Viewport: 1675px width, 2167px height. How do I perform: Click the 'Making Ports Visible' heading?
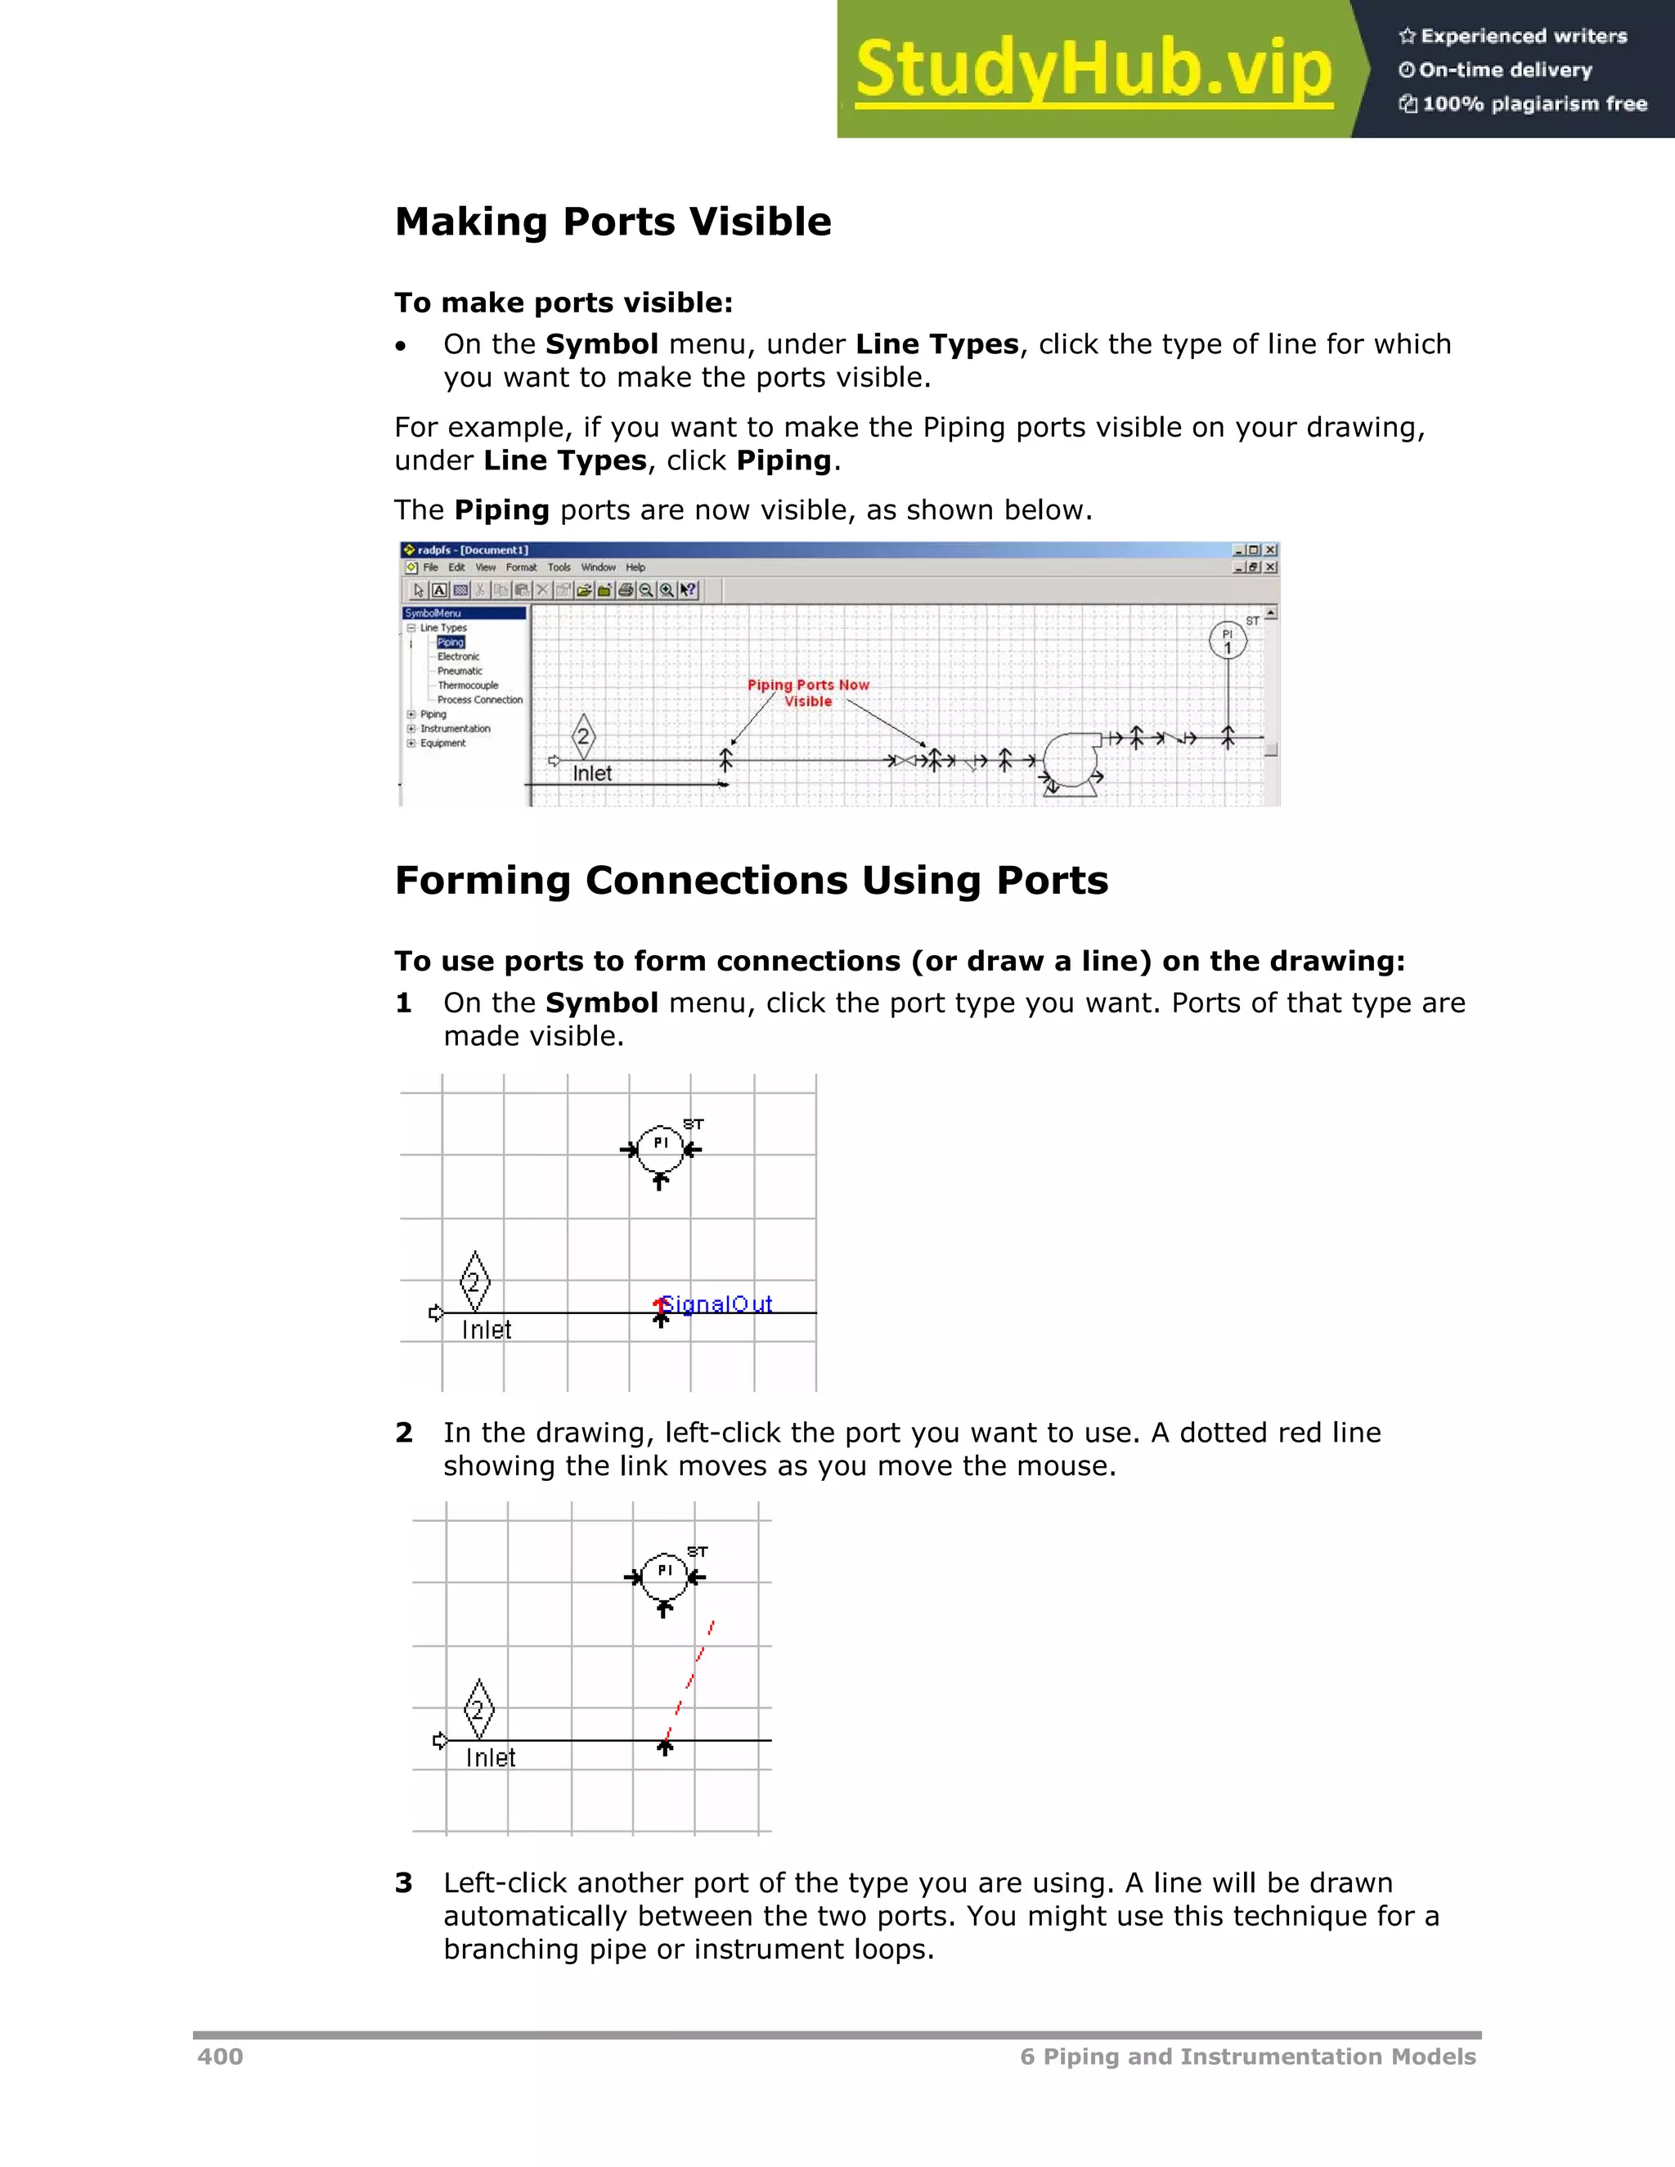pos(613,222)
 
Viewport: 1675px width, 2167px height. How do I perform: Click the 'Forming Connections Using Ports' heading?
pos(751,880)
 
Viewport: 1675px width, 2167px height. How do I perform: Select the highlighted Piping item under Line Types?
pos(451,642)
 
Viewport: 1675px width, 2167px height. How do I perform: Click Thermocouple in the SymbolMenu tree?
pos(467,685)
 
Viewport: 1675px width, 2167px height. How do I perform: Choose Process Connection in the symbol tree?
pos(479,699)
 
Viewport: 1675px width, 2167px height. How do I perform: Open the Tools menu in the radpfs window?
pos(559,568)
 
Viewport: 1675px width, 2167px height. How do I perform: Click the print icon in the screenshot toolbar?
pos(625,590)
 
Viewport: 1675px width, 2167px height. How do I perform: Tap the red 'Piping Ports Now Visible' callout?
pos(808,693)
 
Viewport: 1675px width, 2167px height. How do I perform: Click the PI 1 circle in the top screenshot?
pos(1228,640)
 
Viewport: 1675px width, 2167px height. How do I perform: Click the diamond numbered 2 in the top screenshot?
pos(583,736)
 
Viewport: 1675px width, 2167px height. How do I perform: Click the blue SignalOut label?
pos(716,1303)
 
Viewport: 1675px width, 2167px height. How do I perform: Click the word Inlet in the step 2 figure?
pos(490,1757)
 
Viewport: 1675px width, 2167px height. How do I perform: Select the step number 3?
pos(404,1882)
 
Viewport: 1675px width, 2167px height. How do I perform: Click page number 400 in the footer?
pos(220,2056)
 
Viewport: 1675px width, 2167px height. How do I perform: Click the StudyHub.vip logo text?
pos(1093,70)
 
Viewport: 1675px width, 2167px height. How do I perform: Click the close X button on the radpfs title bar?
pos(1271,550)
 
